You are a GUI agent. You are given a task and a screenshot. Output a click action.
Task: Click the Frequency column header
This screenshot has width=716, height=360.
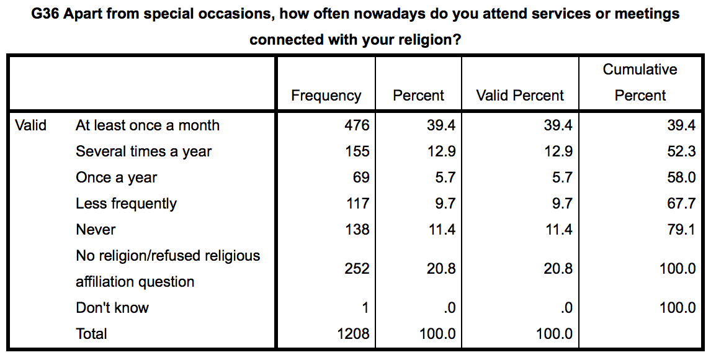[326, 96]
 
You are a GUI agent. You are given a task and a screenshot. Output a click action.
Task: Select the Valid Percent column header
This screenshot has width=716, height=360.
[520, 96]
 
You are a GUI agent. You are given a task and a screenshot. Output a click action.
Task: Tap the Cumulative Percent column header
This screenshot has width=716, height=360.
[640, 83]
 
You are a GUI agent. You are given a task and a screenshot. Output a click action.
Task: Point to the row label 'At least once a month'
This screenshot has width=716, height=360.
[147, 125]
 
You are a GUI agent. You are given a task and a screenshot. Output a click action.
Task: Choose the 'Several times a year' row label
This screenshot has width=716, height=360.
[144, 151]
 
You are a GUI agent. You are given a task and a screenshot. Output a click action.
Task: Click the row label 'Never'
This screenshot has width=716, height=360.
[96, 230]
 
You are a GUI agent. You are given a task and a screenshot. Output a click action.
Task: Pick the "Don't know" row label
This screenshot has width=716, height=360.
[112, 308]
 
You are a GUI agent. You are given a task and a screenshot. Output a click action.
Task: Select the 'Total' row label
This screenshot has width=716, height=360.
[91, 334]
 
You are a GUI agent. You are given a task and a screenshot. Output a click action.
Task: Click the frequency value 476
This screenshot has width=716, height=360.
[357, 125]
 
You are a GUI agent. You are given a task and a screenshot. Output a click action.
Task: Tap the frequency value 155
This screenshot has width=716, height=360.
[357, 151]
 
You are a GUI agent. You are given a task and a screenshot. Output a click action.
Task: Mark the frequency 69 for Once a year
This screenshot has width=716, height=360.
[361, 178]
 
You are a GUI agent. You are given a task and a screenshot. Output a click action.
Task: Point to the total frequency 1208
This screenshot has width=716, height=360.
[352, 334]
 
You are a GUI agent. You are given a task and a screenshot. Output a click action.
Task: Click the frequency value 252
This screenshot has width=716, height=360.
[357, 269]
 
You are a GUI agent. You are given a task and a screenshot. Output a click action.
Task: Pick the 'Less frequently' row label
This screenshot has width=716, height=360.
[126, 204]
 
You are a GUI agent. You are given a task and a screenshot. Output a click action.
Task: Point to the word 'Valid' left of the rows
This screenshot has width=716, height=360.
[30, 125]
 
